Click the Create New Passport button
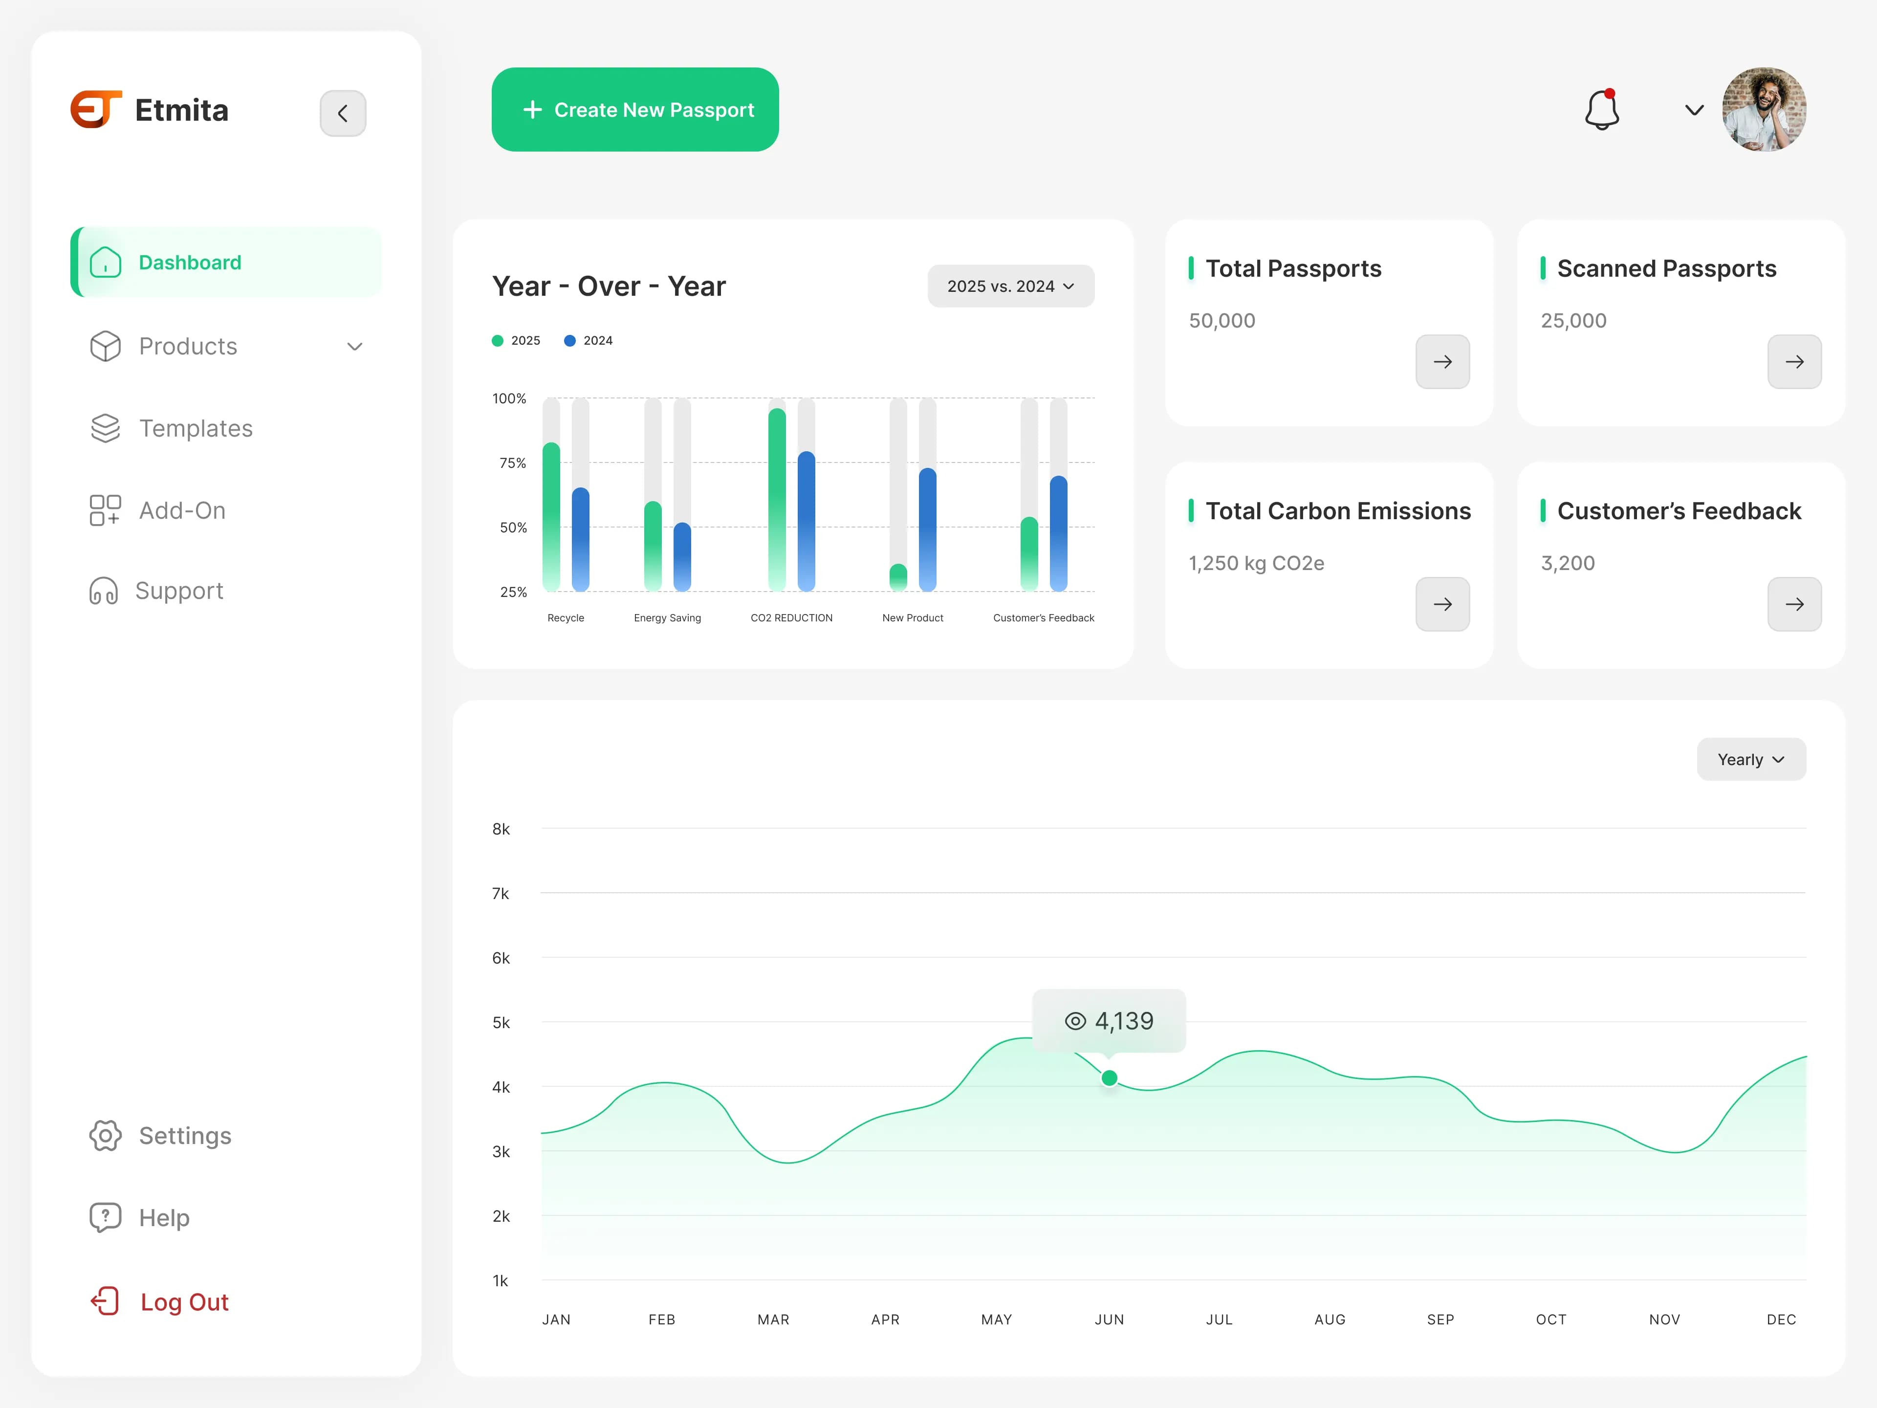635,110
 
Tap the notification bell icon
1601,110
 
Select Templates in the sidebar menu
195,429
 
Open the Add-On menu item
182,510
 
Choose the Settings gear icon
105,1136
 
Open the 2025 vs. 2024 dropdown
1011,286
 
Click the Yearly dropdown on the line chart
1750,760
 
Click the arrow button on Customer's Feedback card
1794,604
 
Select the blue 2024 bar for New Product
927,529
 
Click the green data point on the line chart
1109,1078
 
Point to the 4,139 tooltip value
1123,1021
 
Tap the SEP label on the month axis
1440,1320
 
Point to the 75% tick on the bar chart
513,462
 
